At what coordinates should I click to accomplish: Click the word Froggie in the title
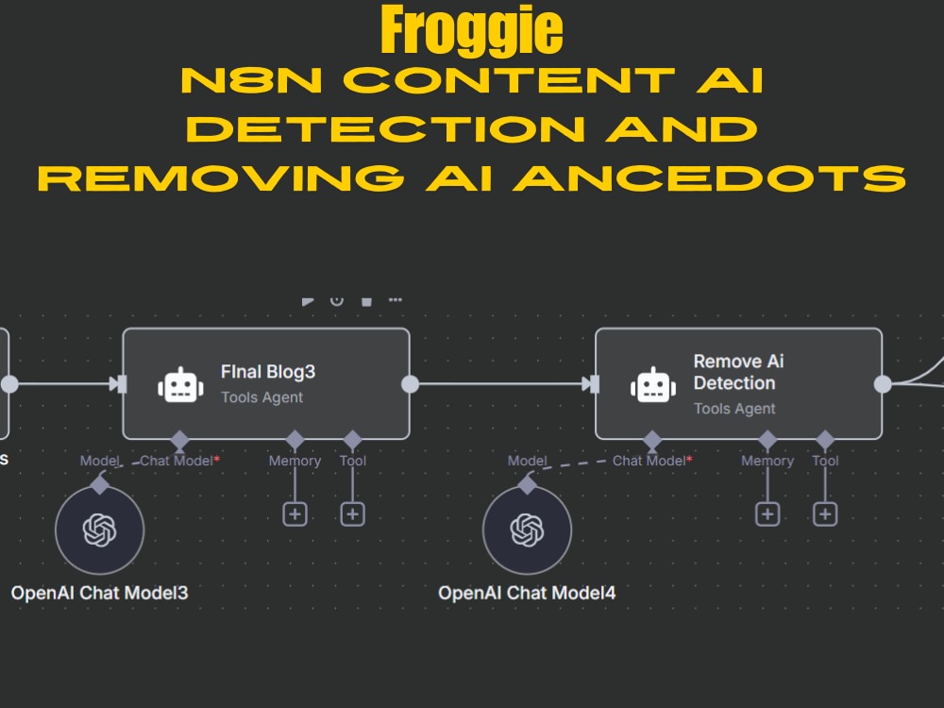472,30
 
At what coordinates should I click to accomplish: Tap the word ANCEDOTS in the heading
710,178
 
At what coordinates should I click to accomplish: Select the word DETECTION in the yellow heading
386,128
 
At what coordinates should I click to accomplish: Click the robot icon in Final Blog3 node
180,385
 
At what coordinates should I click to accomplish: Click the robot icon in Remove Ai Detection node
653,385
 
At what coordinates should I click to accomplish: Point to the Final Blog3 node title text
268,371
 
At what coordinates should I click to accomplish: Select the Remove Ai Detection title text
738,372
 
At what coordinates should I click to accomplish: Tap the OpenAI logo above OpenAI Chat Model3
100,530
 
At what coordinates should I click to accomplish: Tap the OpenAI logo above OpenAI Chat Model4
528,530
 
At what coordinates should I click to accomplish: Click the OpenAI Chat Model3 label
99,593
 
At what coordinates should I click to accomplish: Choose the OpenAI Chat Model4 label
527,593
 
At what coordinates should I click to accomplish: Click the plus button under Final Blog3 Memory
295,514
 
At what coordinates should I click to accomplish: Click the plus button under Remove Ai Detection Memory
767,514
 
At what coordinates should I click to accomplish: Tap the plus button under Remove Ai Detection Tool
825,514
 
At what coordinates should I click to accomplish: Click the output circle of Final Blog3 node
410,383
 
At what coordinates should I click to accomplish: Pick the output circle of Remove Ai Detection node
883,383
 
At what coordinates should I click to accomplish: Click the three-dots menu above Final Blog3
395,299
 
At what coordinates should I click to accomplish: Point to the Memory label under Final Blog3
295,461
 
